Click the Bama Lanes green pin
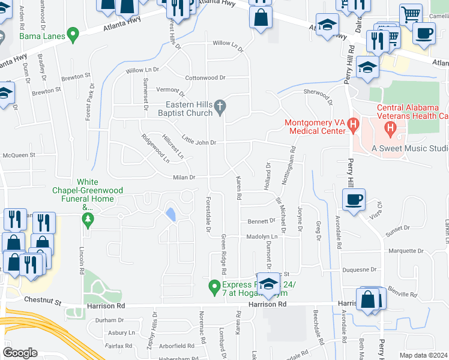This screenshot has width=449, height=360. [x=73, y=35]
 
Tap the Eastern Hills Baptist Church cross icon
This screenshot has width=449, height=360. [x=220, y=108]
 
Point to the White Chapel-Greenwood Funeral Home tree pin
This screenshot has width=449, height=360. [x=89, y=220]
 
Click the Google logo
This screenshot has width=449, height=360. [x=20, y=353]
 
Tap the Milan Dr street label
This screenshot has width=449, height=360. [x=184, y=177]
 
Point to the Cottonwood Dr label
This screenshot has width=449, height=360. [x=205, y=78]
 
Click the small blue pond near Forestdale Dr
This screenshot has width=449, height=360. [x=171, y=214]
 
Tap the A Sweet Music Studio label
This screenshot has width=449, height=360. [x=409, y=148]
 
